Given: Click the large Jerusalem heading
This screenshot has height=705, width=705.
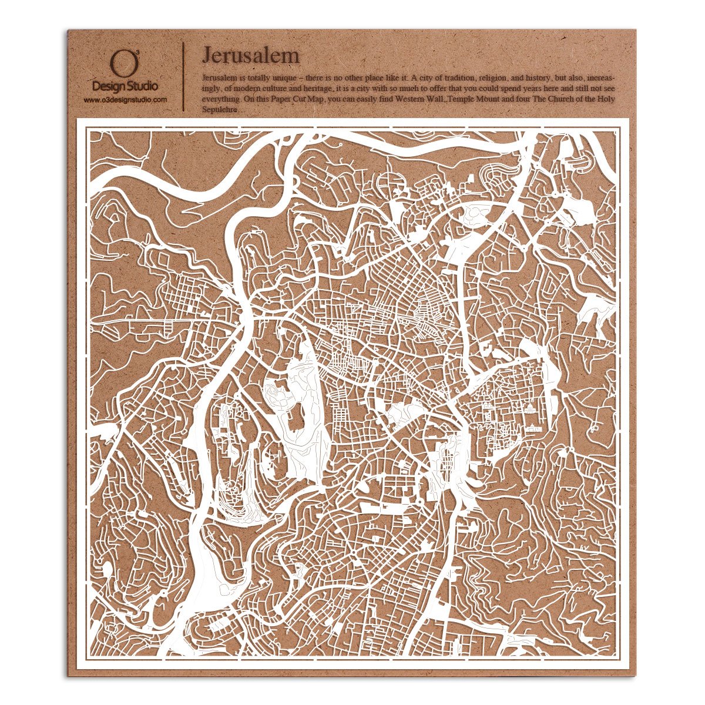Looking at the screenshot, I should [250, 55].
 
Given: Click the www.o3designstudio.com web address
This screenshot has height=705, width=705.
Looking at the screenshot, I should [125, 100].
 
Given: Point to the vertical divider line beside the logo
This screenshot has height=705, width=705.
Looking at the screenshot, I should [184, 75].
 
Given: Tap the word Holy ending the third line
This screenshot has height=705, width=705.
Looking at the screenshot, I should [605, 99].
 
